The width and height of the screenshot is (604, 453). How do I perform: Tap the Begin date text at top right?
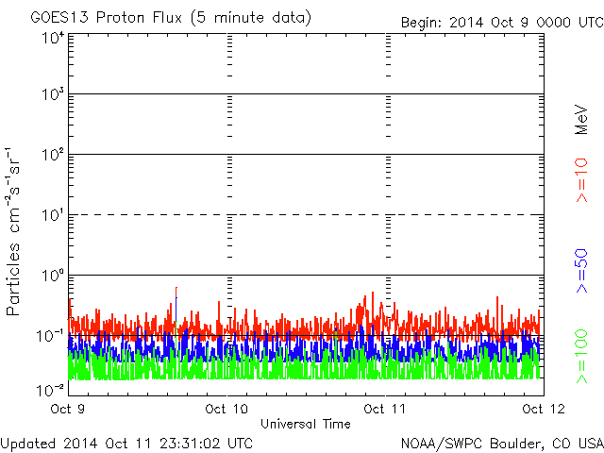[x=502, y=23]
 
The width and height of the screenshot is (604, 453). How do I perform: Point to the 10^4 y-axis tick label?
[x=54, y=38]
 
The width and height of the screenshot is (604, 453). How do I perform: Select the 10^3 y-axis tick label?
[x=54, y=94]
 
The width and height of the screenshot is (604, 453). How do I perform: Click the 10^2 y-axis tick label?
[x=54, y=155]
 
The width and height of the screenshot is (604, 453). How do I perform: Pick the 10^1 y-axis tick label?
[x=54, y=215]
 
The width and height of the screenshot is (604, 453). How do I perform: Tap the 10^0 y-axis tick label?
[x=54, y=275]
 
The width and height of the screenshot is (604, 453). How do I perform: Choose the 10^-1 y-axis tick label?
[x=51, y=336]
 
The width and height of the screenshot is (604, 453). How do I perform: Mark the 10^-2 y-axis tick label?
[x=51, y=390]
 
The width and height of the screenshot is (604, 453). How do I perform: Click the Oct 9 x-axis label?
[x=67, y=409]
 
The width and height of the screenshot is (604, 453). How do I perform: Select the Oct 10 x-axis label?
[x=226, y=409]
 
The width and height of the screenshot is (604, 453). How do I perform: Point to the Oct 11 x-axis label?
[x=385, y=409]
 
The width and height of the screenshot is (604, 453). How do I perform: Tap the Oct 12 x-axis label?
[x=544, y=409]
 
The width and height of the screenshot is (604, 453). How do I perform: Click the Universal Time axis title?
[x=306, y=424]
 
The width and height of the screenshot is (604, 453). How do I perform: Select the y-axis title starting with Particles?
[x=12, y=231]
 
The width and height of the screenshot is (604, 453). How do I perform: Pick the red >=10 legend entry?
[x=581, y=180]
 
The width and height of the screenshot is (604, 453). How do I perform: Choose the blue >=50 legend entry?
[x=581, y=271]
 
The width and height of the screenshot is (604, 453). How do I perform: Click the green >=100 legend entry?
[x=581, y=357]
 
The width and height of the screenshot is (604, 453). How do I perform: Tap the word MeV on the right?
[x=581, y=120]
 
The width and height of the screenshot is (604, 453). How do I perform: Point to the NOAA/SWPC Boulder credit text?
[x=502, y=444]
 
